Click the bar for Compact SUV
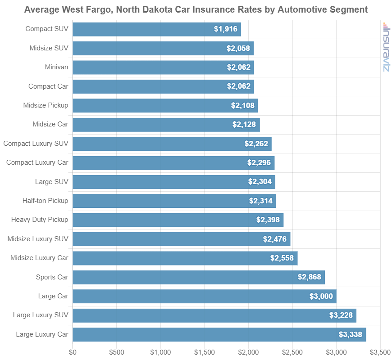pyautogui.click(x=156, y=29)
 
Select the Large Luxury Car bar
pyautogui.click(x=219, y=334)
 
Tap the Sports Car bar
pyautogui.click(x=198, y=277)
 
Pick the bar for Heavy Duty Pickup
pyautogui.click(x=178, y=220)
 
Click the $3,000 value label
pyautogui.click(x=321, y=296)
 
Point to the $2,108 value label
pyautogui.click(x=242, y=106)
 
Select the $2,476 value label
pyautogui.click(x=275, y=239)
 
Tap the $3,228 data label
pyautogui.click(x=341, y=315)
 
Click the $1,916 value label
pyautogui.click(x=225, y=29)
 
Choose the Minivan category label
pyautogui.click(x=56, y=67)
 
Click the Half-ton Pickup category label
pyautogui.click(x=45, y=201)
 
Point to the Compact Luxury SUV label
pyautogui.click(x=36, y=144)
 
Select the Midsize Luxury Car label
pyautogui.click(x=39, y=258)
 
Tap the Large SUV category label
pyautogui.click(x=51, y=182)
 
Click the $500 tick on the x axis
pyautogui.click(x=116, y=351)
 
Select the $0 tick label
pyautogui.click(x=73, y=351)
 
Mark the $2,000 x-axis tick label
pyautogui.click(x=248, y=351)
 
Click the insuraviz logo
pyautogui.click(x=386, y=47)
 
